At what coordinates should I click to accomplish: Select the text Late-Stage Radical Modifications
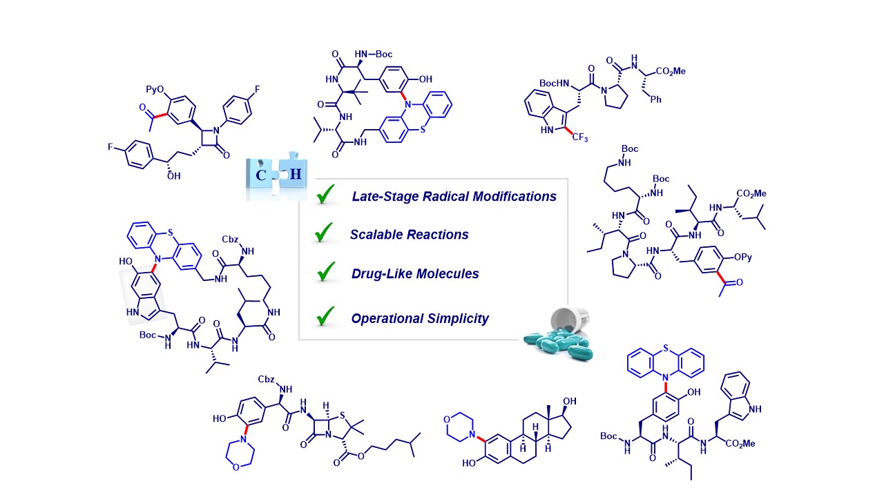pos(454,197)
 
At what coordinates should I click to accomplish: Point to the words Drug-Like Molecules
pos(414,273)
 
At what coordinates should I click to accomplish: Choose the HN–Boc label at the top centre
pos(376,53)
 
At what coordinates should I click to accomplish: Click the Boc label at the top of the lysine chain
pos(630,148)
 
